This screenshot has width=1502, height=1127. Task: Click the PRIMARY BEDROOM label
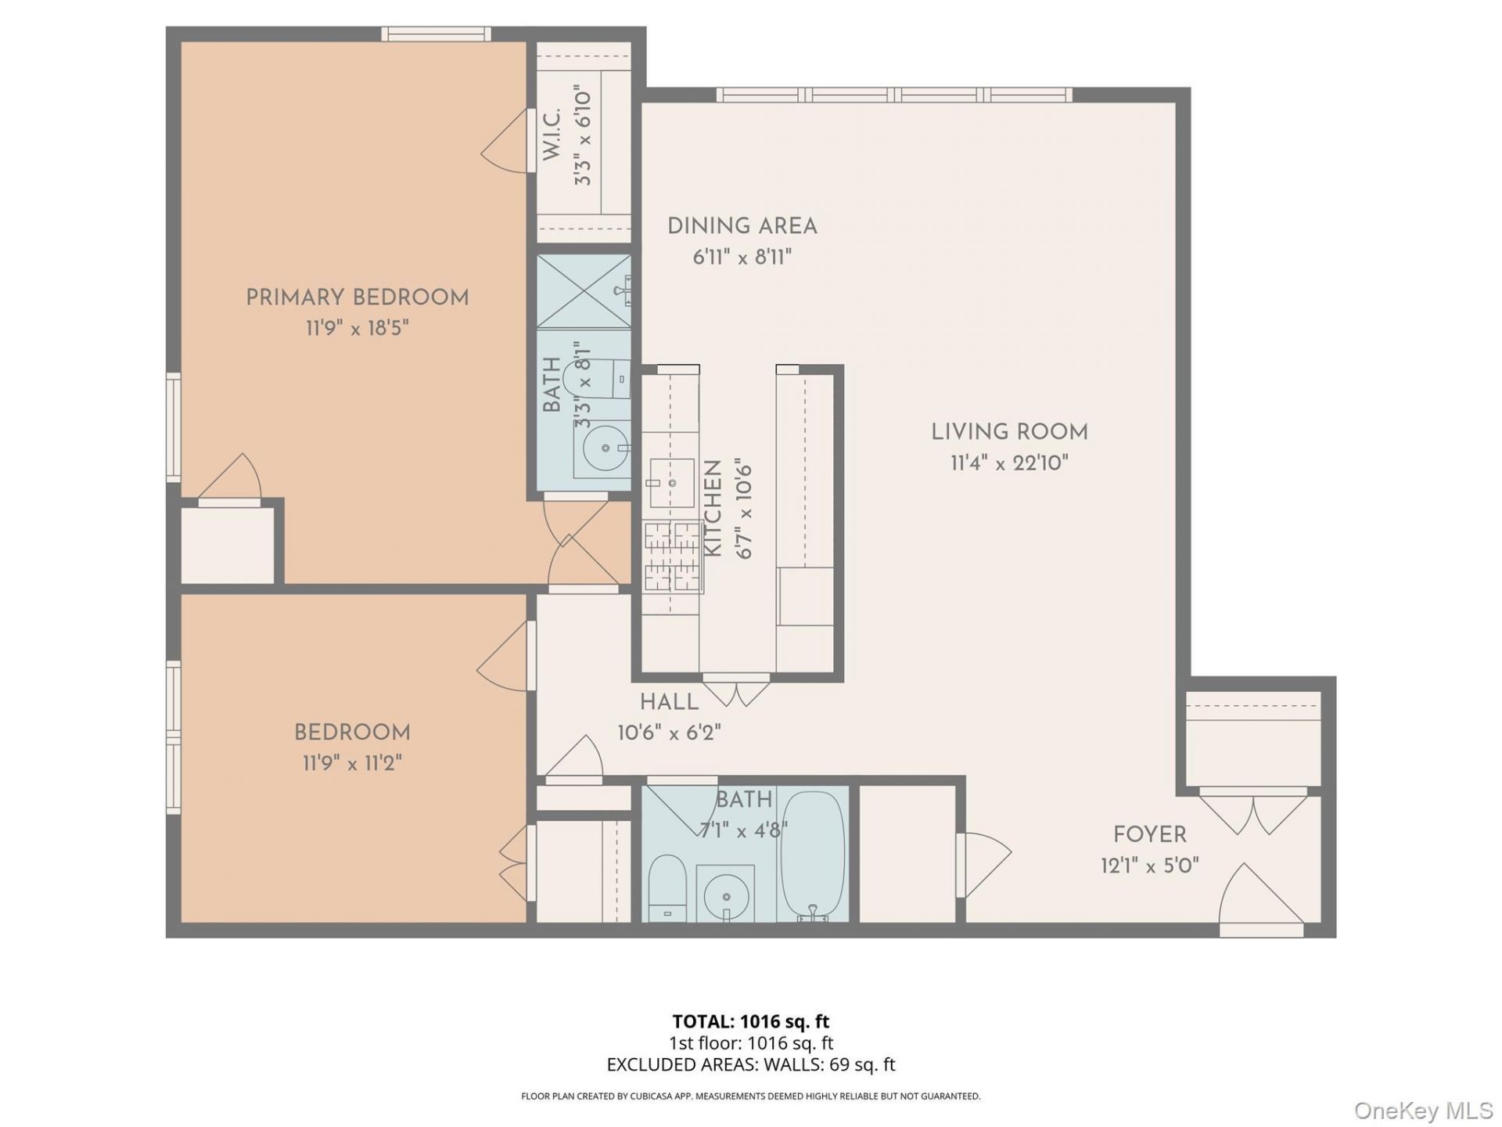click(358, 298)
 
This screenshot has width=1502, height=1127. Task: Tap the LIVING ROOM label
click(1009, 432)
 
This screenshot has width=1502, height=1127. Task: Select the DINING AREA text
click(742, 226)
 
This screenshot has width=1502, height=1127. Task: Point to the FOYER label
click(1150, 834)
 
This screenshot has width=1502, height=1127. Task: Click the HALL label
click(669, 702)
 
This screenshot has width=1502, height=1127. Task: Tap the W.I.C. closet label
click(552, 135)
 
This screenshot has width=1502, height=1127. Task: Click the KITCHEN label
click(713, 509)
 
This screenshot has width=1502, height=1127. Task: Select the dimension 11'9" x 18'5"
click(358, 328)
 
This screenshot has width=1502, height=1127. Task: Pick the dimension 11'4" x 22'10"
click(1009, 463)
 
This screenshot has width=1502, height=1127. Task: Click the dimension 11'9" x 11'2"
click(352, 763)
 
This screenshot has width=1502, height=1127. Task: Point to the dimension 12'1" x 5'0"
click(1150, 866)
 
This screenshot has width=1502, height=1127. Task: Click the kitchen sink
click(672, 483)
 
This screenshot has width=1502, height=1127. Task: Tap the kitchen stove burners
click(672, 556)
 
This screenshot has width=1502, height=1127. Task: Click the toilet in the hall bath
click(667, 889)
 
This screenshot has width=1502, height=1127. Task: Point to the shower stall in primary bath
click(584, 291)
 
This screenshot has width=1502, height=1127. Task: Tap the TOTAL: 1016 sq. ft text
click(751, 1021)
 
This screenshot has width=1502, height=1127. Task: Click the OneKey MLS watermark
click(1424, 1110)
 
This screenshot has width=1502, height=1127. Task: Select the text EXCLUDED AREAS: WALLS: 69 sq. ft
click(751, 1064)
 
